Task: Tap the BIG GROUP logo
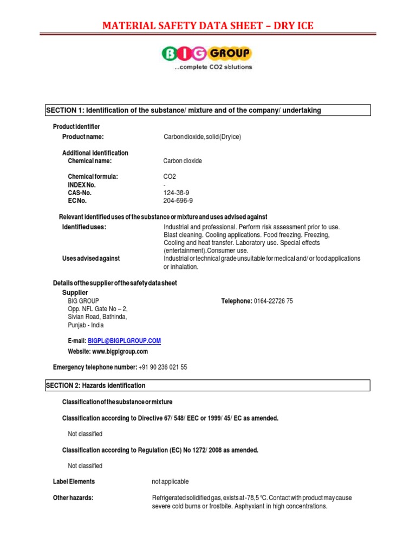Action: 206,53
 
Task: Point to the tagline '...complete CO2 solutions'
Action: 213,67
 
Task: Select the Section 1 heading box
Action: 207,110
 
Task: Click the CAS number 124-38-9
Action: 176,192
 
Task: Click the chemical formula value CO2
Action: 170,177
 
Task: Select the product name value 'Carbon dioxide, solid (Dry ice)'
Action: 202,137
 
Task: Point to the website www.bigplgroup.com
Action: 107,351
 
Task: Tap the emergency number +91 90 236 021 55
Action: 162,367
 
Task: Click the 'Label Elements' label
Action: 74,481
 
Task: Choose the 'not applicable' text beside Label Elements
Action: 171,481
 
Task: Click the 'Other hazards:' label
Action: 73,498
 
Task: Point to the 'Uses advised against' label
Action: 91,259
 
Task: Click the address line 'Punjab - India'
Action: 86,325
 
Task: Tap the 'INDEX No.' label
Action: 82,185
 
